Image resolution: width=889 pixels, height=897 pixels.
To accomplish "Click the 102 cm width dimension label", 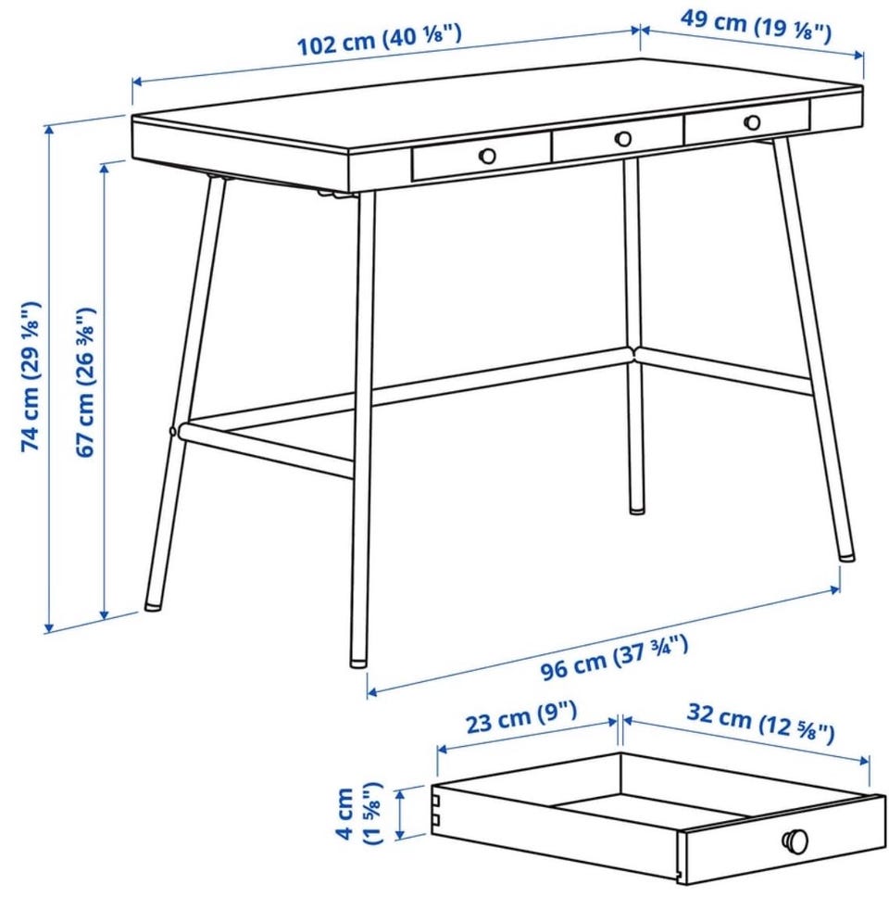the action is [x=380, y=39].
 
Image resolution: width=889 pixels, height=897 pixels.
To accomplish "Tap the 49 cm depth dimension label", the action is [x=756, y=27].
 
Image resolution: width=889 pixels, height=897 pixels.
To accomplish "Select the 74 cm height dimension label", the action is [x=31, y=376].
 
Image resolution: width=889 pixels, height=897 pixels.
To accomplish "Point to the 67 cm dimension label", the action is [x=85, y=382].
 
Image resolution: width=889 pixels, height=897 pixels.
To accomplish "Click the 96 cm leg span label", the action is [x=615, y=658].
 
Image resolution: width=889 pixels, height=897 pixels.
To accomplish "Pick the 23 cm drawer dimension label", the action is [x=521, y=716].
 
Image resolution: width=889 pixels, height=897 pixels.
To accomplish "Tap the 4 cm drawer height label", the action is [x=359, y=813].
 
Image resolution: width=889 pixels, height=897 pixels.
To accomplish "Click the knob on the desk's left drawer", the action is [x=487, y=156].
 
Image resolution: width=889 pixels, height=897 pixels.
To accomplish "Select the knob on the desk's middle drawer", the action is [x=623, y=138].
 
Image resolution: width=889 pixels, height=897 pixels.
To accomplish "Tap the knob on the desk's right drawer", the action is [x=752, y=121].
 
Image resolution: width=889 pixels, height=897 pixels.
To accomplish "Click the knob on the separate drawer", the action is [x=795, y=840].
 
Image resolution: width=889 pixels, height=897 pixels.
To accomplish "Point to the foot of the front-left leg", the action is [x=358, y=663].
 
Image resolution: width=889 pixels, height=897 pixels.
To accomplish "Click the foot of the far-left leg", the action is [x=153, y=604].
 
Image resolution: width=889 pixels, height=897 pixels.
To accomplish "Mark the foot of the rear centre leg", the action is [x=637, y=509].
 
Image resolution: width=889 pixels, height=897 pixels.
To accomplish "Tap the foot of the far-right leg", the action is [x=846, y=555].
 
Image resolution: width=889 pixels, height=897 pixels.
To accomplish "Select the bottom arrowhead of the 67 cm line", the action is [x=104, y=615].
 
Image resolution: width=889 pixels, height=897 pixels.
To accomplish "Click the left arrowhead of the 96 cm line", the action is [x=372, y=693].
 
